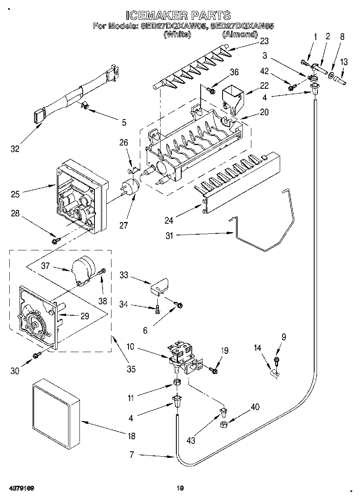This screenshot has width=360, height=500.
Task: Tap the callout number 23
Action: point(264,41)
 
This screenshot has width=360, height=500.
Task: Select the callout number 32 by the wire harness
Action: point(15,149)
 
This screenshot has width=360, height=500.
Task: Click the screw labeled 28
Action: point(55,242)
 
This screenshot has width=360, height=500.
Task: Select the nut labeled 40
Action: point(223,424)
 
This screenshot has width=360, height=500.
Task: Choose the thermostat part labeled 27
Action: point(131,188)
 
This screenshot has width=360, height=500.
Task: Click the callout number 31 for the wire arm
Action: point(169,235)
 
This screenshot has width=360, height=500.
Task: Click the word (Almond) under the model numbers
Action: point(240,34)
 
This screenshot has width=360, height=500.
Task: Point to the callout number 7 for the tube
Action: point(131,455)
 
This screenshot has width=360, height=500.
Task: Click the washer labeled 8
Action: point(332,75)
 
